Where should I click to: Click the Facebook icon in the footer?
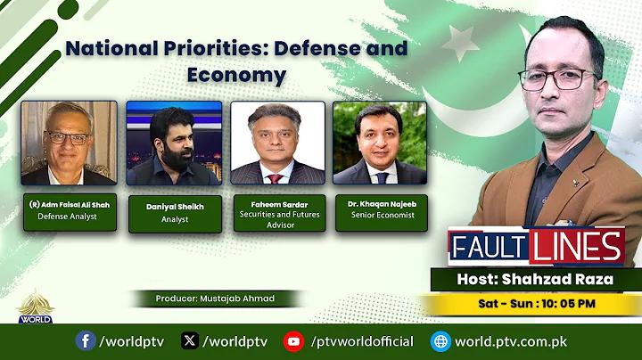point(86,340)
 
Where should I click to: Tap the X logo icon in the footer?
point(190,340)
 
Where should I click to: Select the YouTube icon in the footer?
point(293,341)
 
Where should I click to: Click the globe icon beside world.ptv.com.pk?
point(440,341)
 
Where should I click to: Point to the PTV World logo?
point(35,307)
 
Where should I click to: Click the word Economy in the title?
point(236,75)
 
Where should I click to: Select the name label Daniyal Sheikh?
point(175,207)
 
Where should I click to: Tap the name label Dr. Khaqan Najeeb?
point(382,204)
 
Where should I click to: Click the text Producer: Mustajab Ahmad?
point(215,299)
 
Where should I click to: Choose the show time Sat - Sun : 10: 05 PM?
point(537,304)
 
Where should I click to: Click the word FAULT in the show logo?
point(488,247)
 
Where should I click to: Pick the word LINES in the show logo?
point(577,245)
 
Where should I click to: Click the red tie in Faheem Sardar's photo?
point(275,178)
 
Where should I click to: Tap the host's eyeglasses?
point(558,79)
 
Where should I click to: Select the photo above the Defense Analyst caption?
point(70,143)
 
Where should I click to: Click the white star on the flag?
point(461,42)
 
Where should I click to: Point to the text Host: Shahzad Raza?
point(535,279)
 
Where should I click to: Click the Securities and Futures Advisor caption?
point(280,219)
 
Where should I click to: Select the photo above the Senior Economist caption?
point(380,143)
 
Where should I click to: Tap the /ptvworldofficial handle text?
point(362,341)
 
